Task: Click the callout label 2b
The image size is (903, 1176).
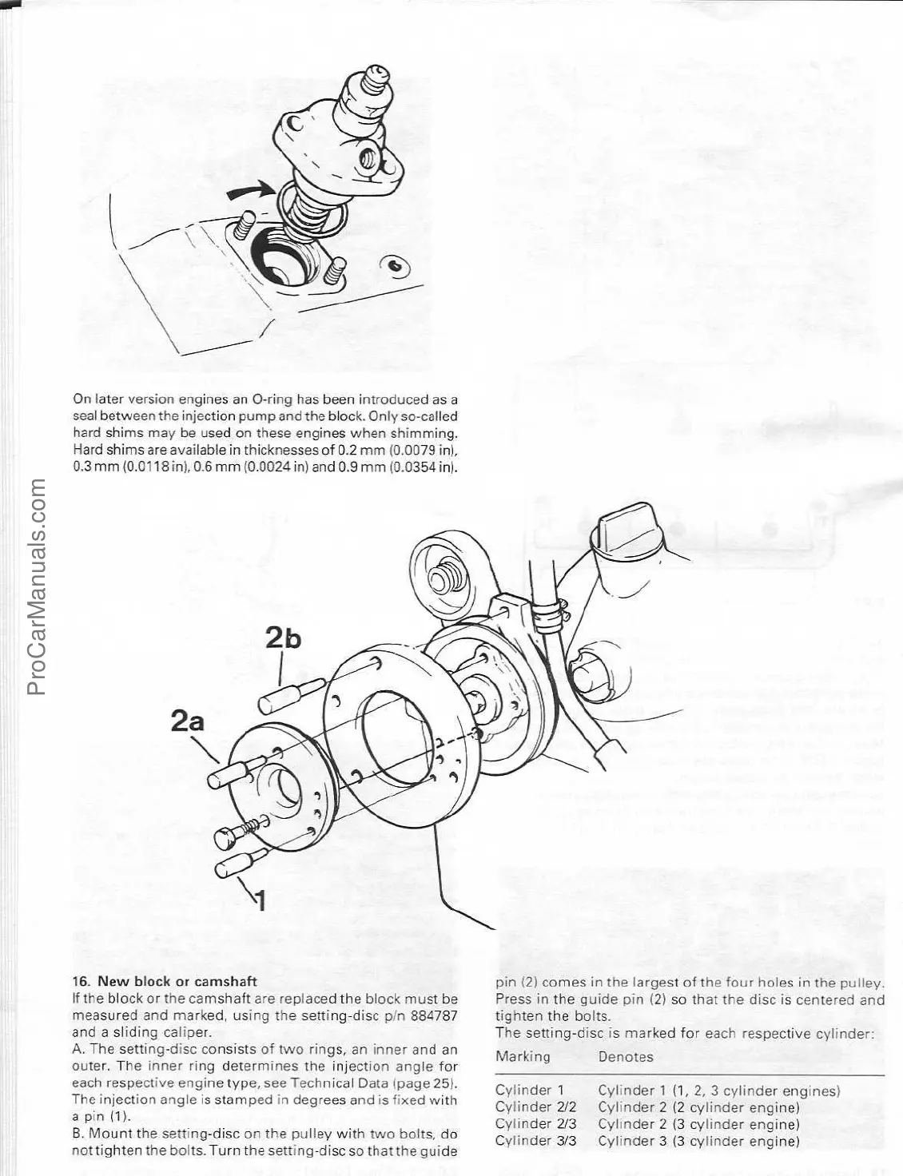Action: (x=283, y=638)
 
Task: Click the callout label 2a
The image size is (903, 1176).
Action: (x=188, y=721)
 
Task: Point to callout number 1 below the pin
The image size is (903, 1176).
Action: (x=260, y=900)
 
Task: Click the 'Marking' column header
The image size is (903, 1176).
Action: (x=523, y=1056)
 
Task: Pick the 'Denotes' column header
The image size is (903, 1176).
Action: (x=626, y=1056)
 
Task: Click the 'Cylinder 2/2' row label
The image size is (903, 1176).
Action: (x=535, y=1106)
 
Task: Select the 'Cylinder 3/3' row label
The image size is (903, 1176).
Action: (x=535, y=1140)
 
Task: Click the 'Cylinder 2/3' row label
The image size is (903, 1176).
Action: (x=535, y=1123)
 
